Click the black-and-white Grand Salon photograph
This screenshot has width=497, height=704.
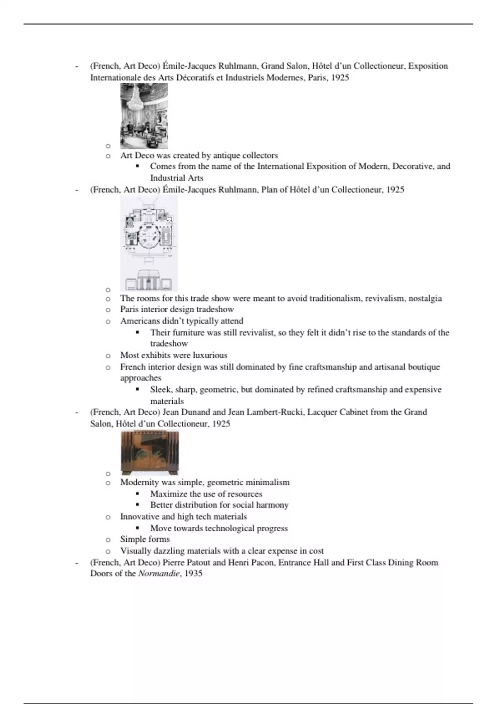point(144,116)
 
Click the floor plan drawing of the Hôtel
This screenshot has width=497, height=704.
point(149,244)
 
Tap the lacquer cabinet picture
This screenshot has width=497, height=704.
point(150,453)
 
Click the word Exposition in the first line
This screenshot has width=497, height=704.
point(428,66)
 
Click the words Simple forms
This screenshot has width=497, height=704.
point(145,539)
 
